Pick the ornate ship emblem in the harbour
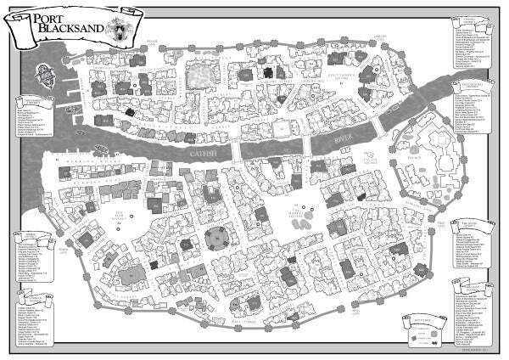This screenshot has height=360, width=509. click(x=48, y=76)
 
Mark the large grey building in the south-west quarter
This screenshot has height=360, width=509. click(x=131, y=276)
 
